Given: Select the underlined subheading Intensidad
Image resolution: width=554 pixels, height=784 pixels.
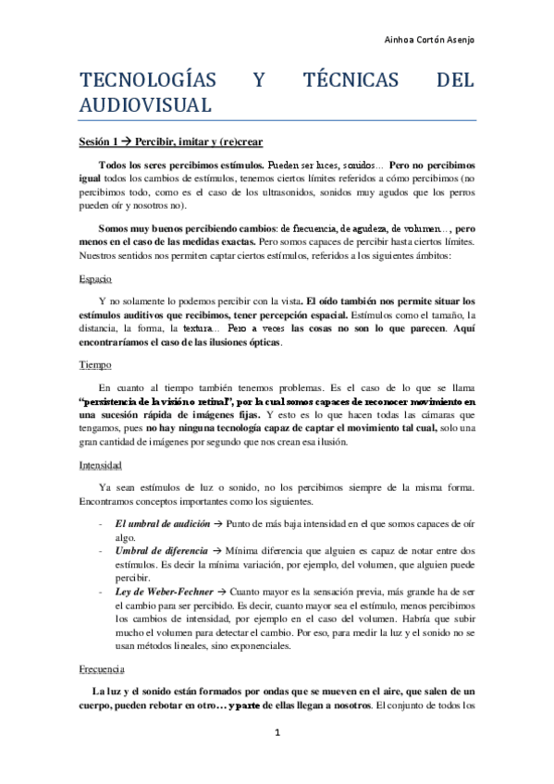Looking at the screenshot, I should point(101,466).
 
